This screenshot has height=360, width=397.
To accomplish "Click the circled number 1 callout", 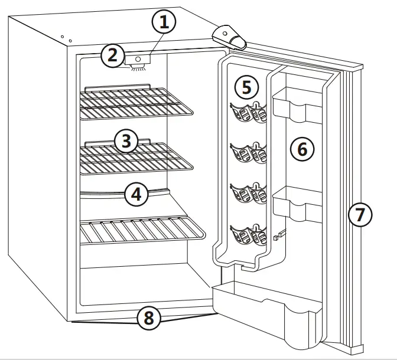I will [164, 23].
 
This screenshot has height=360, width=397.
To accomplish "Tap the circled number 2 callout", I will [112, 56].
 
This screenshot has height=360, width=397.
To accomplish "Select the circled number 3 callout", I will [126, 141].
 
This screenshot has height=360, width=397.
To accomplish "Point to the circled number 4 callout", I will [136, 194].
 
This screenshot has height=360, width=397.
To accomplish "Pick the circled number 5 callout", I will [246, 87].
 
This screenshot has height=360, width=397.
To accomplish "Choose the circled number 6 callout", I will [302, 149].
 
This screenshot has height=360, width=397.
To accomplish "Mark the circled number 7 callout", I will [360, 214].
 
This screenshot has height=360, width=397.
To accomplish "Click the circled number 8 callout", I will [149, 319].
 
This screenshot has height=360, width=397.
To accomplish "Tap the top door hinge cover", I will [230, 37].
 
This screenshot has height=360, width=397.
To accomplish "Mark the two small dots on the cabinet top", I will [66, 38].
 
